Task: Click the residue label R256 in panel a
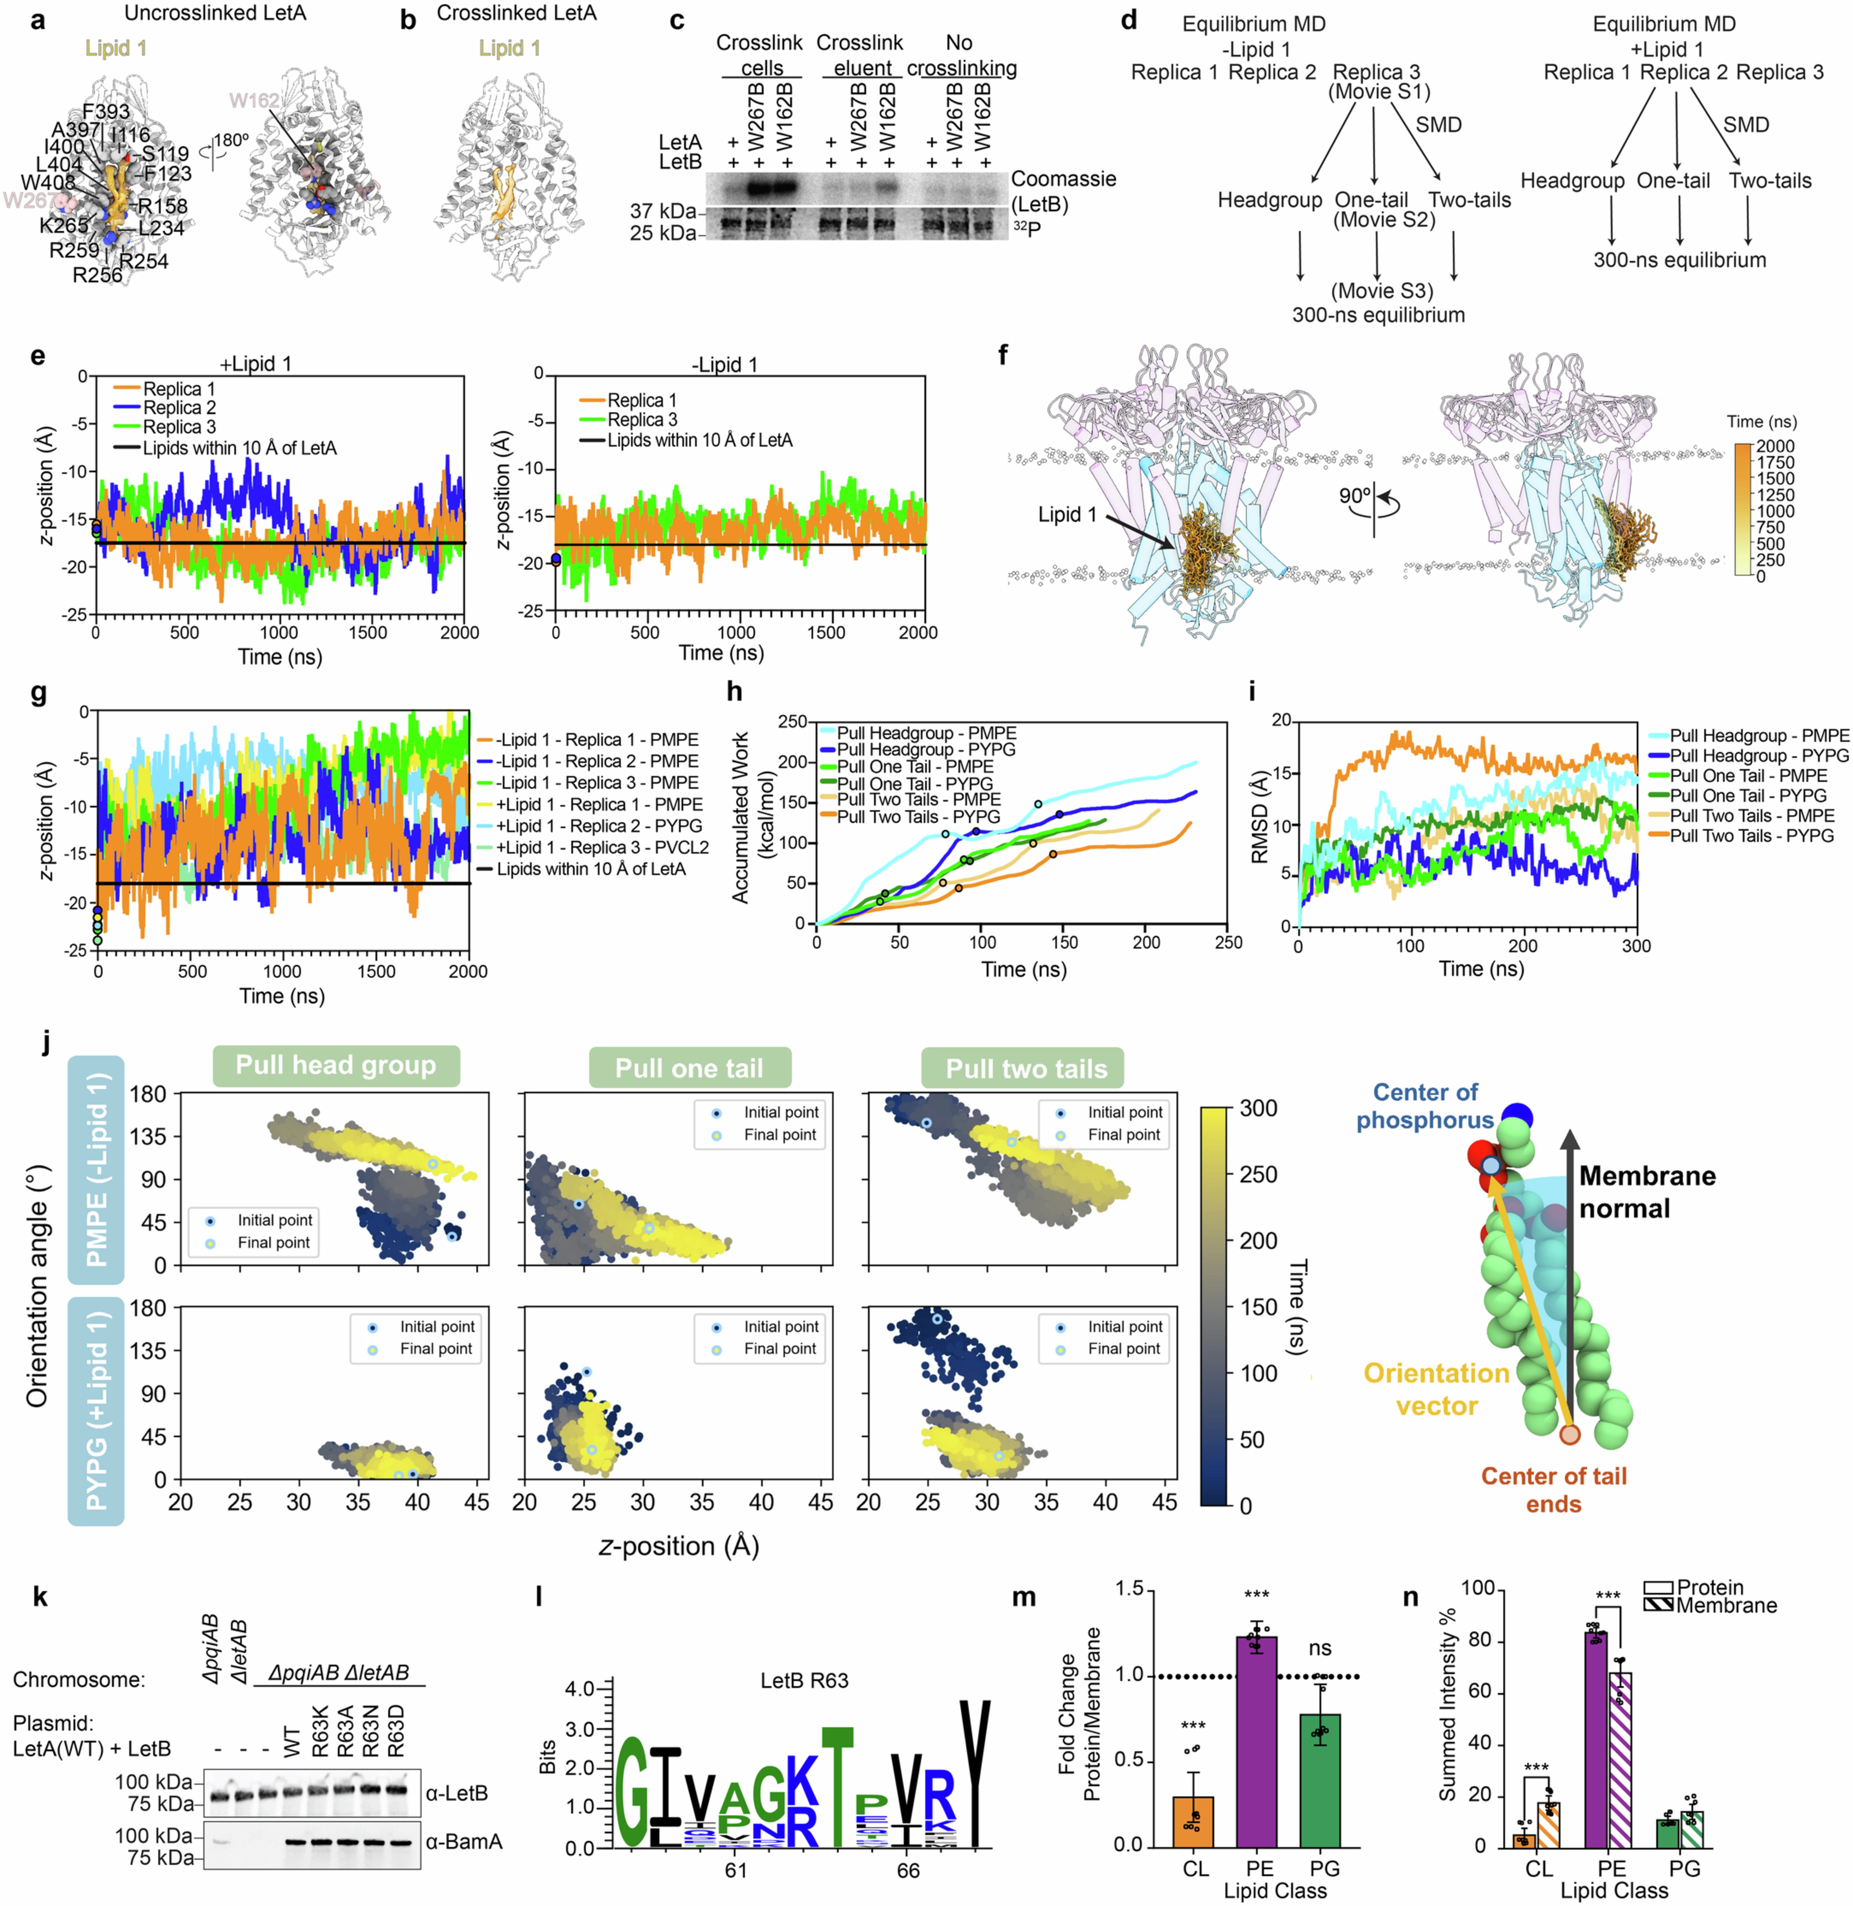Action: tap(97, 276)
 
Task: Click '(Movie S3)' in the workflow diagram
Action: tap(1381, 291)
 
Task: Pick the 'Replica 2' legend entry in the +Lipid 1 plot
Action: tap(179, 408)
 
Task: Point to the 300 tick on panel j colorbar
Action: tap(1258, 1108)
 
